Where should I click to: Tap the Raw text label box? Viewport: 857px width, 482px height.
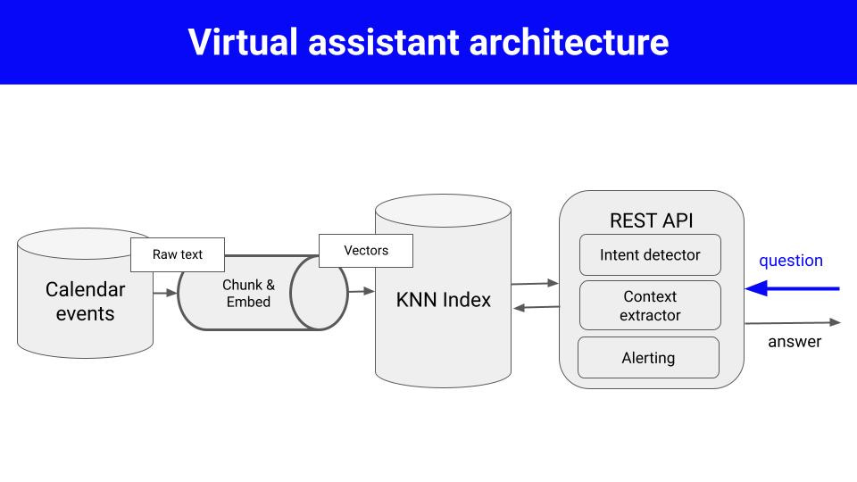pyautogui.click(x=178, y=254)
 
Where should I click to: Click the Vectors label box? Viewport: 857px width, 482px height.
pyautogui.click(x=366, y=251)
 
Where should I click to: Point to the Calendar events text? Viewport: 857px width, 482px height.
pyautogui.click(x=85, y=301)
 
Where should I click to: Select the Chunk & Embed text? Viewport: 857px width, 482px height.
pyautogui.click(x=247, y=293)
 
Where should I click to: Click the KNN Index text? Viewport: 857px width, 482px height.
pyautogui.click(x=443, y=300)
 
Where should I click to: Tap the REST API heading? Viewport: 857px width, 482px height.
pyautogui.click(x=651, y=220)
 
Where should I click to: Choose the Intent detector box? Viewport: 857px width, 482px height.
pyautogui.click(x=650, y=255)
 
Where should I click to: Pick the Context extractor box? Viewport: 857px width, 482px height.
pyautogui.click(x=650, y=305)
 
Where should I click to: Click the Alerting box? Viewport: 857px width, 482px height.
pyautogui.click(x=648, y=358)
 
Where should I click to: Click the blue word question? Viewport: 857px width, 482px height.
pyautogui.click(x=790, y=261)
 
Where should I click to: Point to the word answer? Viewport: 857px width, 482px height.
pyautogui.click(x=795, y=342)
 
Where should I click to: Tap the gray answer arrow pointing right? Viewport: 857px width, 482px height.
pyautogui.click(x=793, y=322)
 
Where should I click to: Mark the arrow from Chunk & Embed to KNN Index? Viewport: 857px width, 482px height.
pyautogui.click(x=361, y=291)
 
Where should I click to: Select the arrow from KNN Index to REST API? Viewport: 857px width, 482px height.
pyautogui.click(x=535, y=283)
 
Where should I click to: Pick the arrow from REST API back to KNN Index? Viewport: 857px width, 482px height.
pyautogui.click(x=535, y=308)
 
